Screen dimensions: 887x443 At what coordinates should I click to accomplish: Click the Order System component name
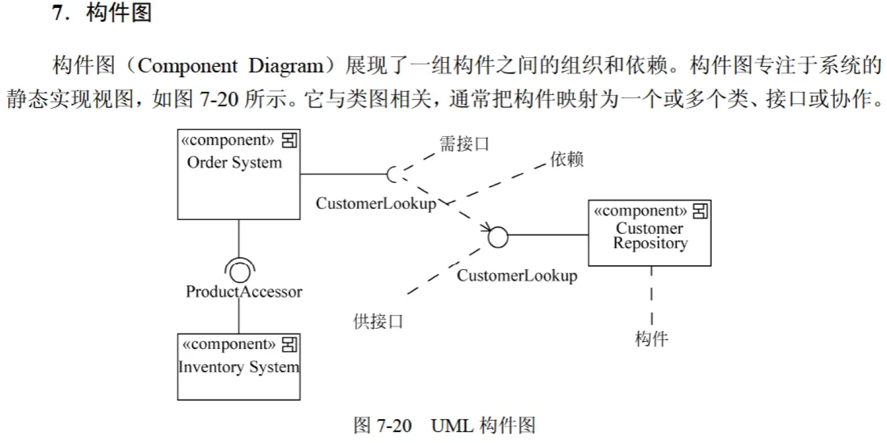[x=234, y=162]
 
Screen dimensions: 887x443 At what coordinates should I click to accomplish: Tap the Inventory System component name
[x=239, y=367]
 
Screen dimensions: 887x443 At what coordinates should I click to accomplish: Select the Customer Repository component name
[x=650, y=236]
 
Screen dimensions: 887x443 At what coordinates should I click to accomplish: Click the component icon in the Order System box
[x=289, y=141]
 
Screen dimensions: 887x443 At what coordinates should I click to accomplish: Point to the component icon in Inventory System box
[x=289, y=344]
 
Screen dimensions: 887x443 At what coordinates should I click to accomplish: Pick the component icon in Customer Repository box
[x=700, y=211]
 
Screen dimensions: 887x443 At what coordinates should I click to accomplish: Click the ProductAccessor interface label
[x=244, y=292]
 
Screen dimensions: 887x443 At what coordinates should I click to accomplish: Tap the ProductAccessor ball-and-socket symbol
[x=240, y=270]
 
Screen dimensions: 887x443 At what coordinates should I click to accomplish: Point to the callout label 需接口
[x=464, y=144]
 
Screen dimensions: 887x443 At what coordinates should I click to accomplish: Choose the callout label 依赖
[x=566, y=159]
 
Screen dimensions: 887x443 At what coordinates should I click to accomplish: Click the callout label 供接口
[x=378, y=322]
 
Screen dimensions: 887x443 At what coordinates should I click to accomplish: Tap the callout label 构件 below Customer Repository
[x=651, y=339]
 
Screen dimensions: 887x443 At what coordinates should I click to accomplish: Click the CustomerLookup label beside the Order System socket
[x=376, y=204]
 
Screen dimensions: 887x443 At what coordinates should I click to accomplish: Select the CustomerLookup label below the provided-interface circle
[x=517, y=275]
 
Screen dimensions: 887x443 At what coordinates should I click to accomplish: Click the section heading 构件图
[x=119, y=13]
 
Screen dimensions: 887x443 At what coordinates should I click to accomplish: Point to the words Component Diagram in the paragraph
[x=230, y=66]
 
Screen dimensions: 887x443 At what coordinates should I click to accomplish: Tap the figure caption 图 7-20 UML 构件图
[x=444, y=425]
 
